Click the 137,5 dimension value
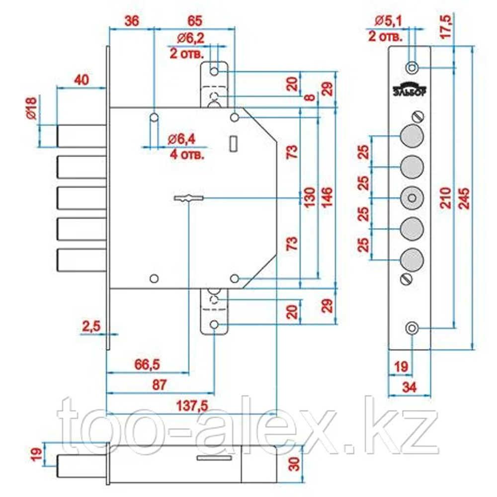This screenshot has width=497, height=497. [x=192, y=406]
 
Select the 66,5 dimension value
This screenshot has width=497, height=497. [x=147, y=364]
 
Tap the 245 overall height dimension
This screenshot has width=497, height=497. [x=464, y=198]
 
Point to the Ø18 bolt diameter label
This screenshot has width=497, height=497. [x=32, y=108]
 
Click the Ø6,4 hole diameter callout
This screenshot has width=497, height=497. [x=181, y=139]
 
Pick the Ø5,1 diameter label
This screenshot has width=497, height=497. [x=388, y=21]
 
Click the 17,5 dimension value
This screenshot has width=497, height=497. [x=446, y=27]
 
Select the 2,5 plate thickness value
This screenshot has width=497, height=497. [x=91, y=326]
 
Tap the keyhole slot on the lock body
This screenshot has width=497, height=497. [x=188, y=198]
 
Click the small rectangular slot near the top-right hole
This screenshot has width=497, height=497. [x=234, y=144]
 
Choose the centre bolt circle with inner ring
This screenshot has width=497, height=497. [x=412, y=198]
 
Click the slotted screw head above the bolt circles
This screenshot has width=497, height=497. [x=418, y=117]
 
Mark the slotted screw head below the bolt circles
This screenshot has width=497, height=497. [x=406, y=279]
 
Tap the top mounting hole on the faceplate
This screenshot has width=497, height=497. [x=412, y=68]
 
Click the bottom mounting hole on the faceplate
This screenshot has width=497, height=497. [x=412, y=329]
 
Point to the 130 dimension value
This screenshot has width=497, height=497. [x=310, y=197]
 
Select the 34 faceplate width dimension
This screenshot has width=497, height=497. [x=409, y=387]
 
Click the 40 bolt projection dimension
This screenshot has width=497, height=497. [x=82, y=80]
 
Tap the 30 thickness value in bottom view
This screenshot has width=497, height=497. [x=295, y=464]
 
